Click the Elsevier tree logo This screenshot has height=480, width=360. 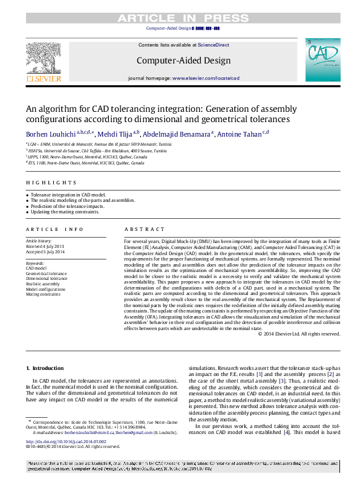(43, 58)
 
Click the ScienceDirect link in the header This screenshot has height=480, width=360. (213, 45)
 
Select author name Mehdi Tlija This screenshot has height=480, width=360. (117, 133)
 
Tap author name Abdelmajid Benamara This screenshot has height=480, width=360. (179, 133)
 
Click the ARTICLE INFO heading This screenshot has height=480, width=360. (55, 230)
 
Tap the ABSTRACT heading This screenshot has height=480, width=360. (145, 230)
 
